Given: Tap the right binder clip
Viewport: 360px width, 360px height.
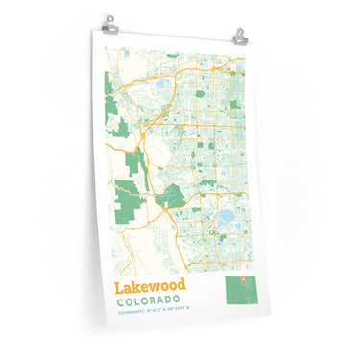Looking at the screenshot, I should click(x=238, y=36).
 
